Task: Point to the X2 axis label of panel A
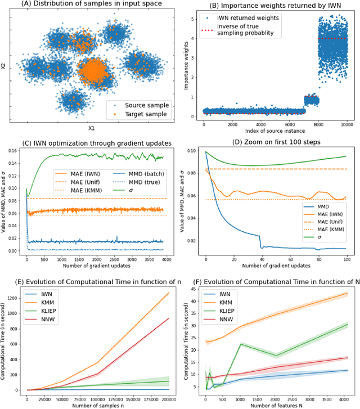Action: (4, 66)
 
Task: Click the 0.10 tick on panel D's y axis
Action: (193, 152)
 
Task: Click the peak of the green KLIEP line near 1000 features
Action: (240, 344)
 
